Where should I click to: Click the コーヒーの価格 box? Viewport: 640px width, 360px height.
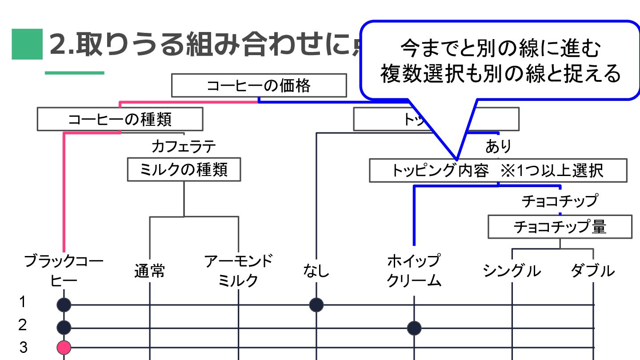(x=259, y=86)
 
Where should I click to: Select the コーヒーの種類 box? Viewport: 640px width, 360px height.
(x=120, y=119)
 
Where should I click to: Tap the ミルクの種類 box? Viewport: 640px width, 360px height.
(x=184, y=169)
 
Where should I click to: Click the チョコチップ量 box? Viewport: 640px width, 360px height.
(x=560, y=227)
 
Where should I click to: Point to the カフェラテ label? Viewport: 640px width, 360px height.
(x=184, y=146)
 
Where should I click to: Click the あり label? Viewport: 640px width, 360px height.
(x=498, y=146)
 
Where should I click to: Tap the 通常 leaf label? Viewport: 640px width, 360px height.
(x=150, y=271)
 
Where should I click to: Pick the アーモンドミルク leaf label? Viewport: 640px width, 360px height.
(x=239, y=270)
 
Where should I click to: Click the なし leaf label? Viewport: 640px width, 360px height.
(x=316, y=270)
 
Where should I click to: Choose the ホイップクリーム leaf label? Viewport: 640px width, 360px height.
(x=414, y=270)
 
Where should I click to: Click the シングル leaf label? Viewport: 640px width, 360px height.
(x=512, y=271)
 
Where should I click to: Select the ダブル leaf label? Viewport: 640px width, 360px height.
(x=593, y=271)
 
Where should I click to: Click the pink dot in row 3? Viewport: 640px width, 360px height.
(x=64, y=347)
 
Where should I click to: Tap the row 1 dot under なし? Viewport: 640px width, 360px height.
(x=316, y=305)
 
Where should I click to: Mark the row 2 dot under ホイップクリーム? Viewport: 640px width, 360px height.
(x=414, y=328)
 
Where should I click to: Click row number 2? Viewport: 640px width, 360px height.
(x=23, y=325)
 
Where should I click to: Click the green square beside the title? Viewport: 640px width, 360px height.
(x=27, y=44)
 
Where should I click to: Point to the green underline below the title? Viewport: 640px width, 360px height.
(x=75, y=73)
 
